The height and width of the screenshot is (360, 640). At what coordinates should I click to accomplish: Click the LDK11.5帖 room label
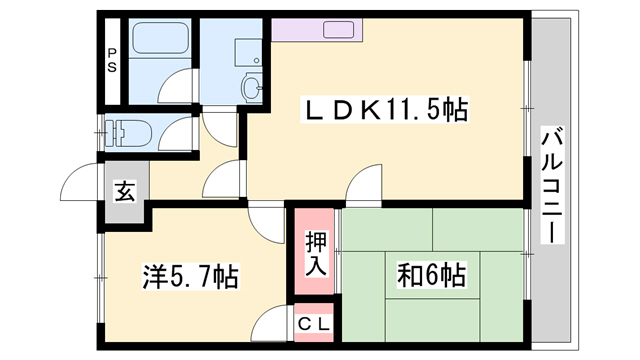[385, 111]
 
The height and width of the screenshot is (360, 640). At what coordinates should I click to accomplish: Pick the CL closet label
[319, 325]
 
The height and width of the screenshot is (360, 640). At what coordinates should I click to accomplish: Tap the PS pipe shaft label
[112, 62]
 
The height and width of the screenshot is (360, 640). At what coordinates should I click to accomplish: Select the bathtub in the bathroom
[160, 42]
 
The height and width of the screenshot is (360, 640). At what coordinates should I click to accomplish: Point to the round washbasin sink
[251, 88]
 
